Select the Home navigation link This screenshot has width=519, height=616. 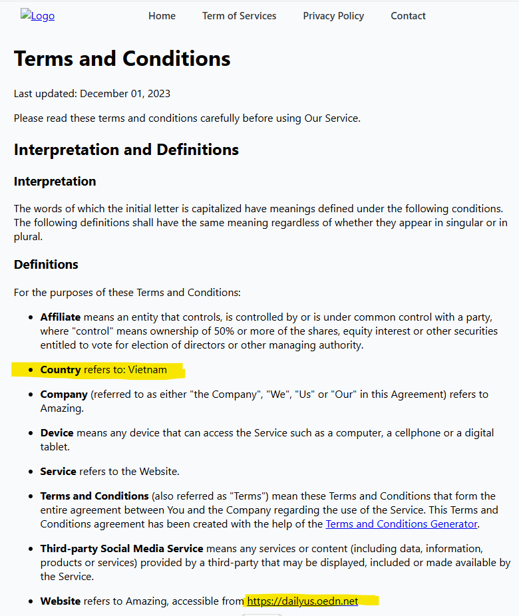click(162, 16)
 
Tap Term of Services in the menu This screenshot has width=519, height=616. click(239, 16)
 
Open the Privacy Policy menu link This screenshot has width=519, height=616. click(333, 16)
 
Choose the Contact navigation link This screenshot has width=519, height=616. click(408, 16)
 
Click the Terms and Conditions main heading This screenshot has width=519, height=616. click(122, 59)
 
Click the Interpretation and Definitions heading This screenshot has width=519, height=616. click(126, 150)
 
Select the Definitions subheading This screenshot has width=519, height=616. click(46, 265)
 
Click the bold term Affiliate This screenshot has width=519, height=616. click(61, 317)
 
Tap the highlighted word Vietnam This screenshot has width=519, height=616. click(148, 370)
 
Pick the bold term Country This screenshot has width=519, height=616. click(61, 370)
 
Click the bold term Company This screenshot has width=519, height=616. click(64, 394)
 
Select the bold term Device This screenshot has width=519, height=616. click(57, 433)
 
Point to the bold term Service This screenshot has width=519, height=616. click(59, 472)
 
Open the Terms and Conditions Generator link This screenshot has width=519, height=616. click(401, 524)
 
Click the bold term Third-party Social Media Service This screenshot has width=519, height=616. click(122, 549)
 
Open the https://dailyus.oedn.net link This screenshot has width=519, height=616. click(303, 601)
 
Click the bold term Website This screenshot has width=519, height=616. click(61, 601)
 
